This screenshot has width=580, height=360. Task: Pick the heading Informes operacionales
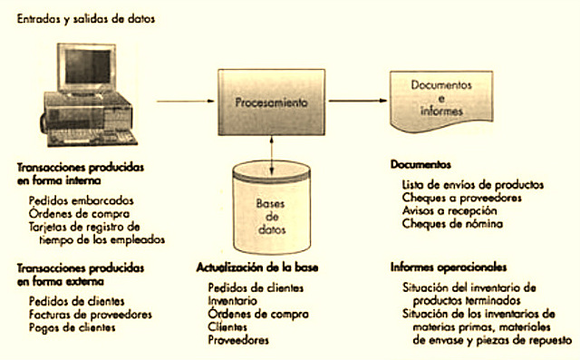448,268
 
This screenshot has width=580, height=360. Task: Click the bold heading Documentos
420,166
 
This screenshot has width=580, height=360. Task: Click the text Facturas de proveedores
88,314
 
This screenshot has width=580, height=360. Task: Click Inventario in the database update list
232,300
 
